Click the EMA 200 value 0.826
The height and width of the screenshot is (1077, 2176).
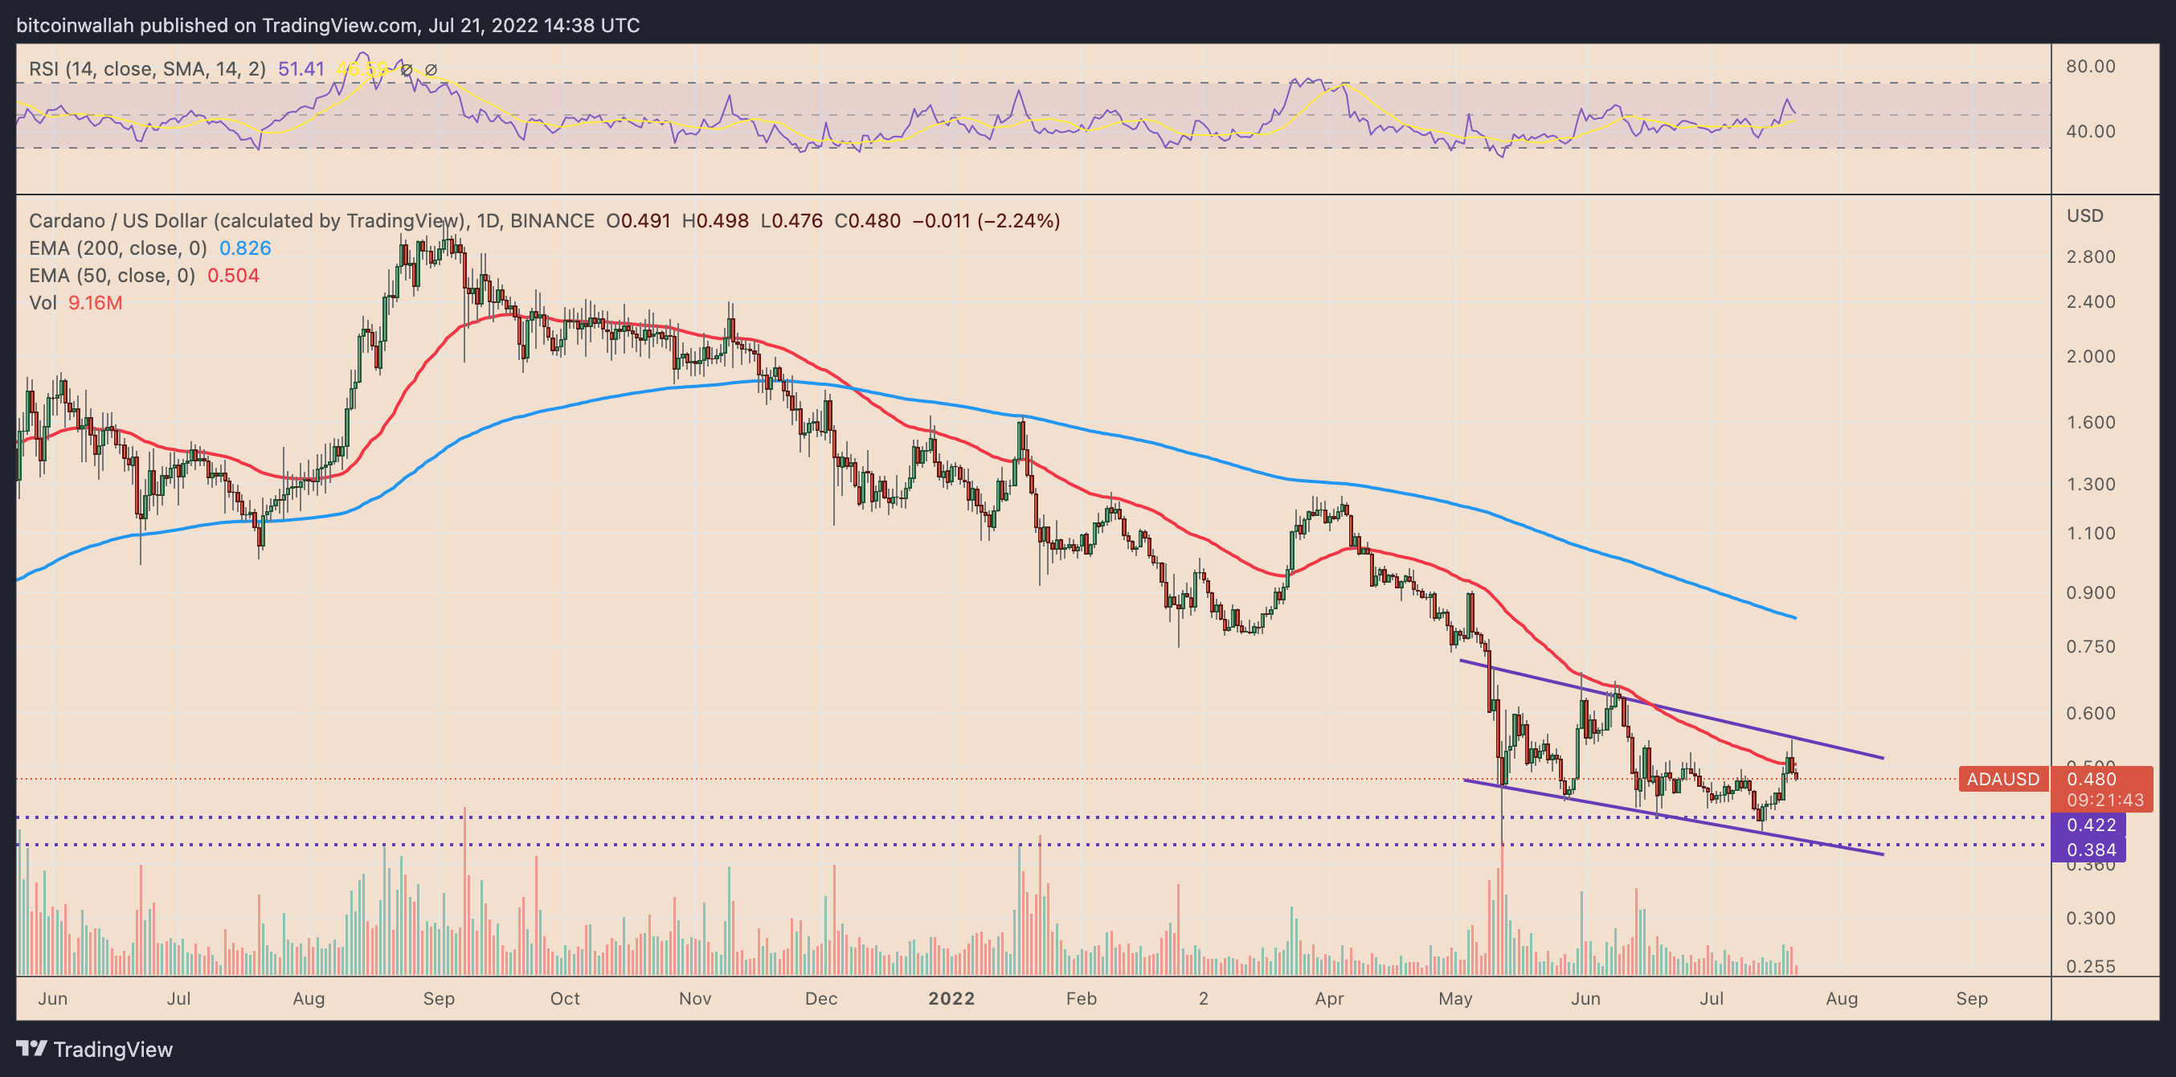[245, 248]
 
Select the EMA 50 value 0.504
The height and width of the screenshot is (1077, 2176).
[233, 276]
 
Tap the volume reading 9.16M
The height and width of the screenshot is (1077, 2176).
[95, 302]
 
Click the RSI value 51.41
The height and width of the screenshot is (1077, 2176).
[301, 69]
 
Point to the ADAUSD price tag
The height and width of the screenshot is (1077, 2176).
[2002, 779]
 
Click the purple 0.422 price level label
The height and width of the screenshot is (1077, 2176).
[2091, 825]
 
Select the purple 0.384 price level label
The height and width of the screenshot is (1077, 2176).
[2091, 850]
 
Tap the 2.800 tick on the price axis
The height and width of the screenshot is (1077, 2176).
[2091, 256]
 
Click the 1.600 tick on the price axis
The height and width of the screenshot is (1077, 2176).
[2091, 422]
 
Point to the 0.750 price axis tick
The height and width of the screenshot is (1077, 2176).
[2091, 647]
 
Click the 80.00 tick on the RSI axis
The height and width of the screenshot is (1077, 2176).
[2091, 66]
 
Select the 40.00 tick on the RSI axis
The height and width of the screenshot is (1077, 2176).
[2091, 131]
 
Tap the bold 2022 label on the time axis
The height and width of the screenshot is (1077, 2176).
[951, 998]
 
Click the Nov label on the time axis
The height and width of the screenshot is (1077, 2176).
[694, 998]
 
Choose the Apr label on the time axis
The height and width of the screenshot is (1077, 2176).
[1329, 998]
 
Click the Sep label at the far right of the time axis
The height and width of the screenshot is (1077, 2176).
[1972, 998]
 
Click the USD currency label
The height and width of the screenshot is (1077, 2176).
[2084, 216]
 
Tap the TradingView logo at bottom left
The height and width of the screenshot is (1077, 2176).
[95, 1049]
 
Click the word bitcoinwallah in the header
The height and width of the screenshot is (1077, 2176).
[76, 26]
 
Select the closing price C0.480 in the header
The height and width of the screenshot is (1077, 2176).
[867, 221]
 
